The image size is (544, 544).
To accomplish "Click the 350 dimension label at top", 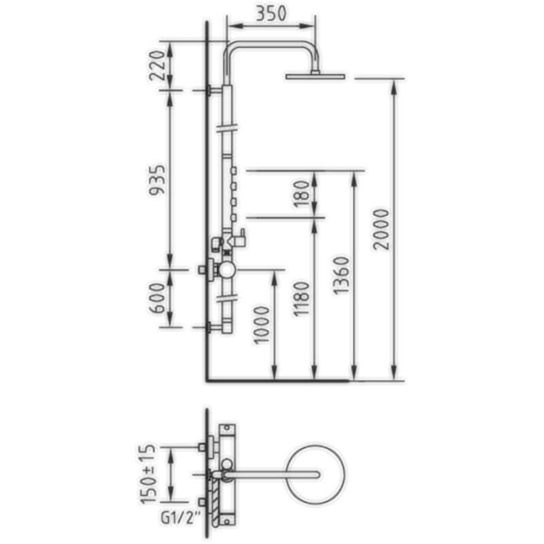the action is click(271, 13).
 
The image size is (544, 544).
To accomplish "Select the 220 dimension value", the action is click(156, 65).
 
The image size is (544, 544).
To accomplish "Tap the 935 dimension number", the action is click(156, 180).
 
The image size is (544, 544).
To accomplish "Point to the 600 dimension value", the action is click(157, 299).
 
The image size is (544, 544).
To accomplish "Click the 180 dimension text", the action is click(301, 194).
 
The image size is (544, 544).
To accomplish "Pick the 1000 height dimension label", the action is click(262, 325).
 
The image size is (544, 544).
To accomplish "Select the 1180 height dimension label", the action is click(301, 299).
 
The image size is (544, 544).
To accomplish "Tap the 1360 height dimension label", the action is click(341, 275).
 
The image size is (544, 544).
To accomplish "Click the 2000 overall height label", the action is click(381, 229).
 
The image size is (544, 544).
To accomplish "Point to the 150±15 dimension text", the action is click(148, 473).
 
